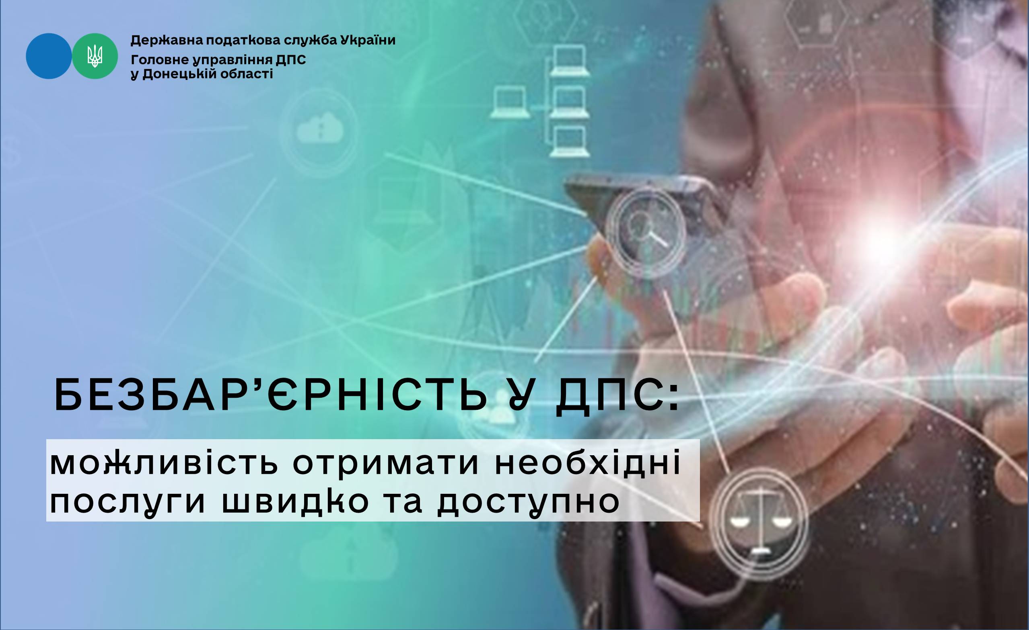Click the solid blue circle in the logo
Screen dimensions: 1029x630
(49, 56)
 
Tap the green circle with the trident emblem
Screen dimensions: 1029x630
(95, 56)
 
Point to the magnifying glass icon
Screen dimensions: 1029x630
(645, 229)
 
